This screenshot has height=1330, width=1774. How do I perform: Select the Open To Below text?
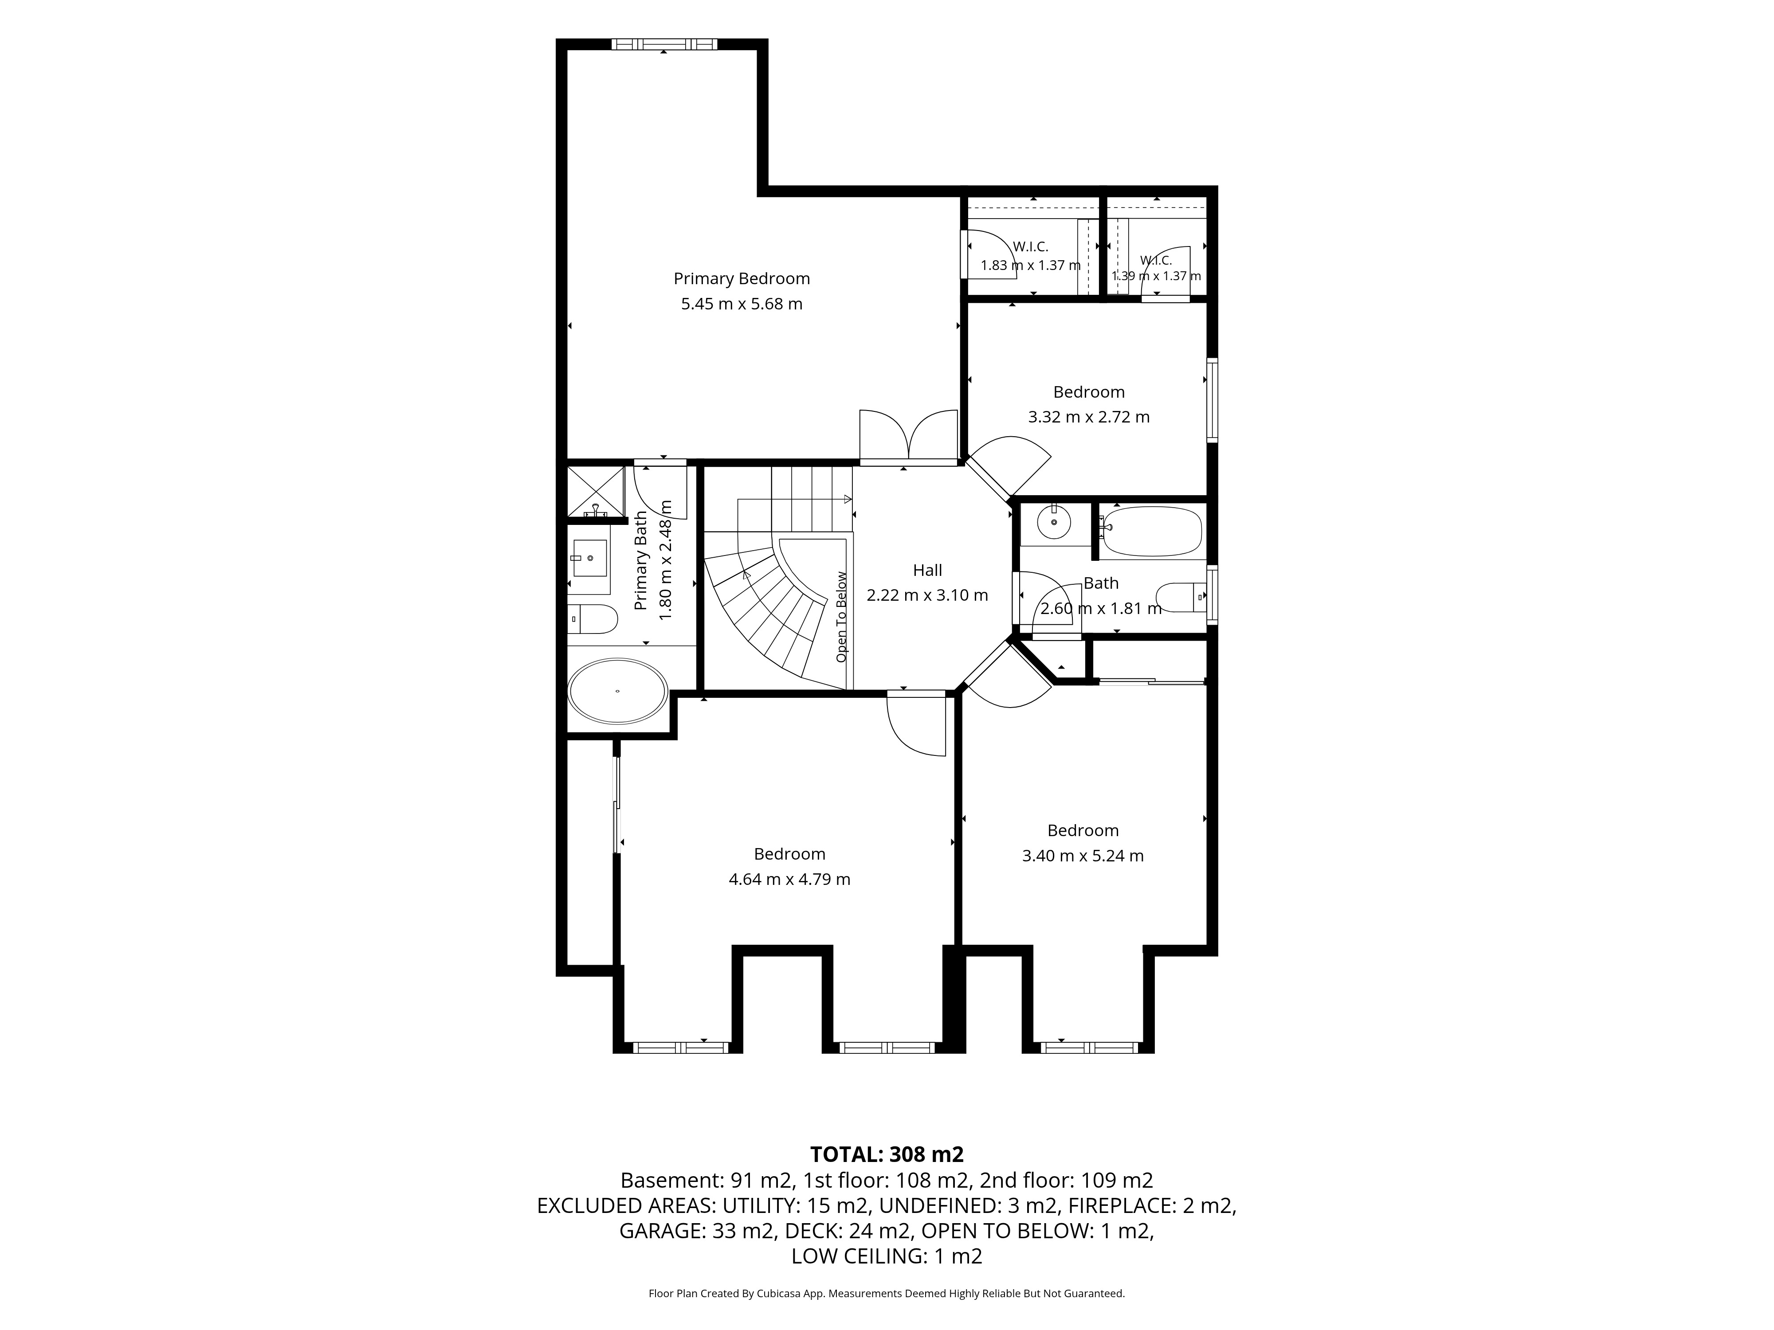[841, 617]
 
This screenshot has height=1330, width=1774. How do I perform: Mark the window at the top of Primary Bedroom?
[664, 44]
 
